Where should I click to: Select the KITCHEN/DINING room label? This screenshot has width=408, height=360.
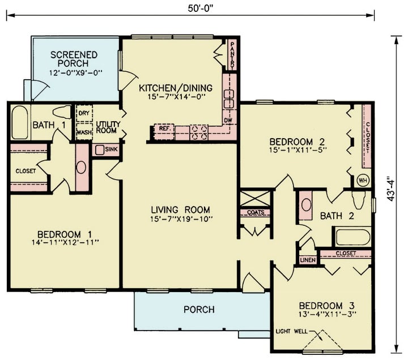(x=176, y=88)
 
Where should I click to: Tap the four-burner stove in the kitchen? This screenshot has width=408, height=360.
(x=199, y=132)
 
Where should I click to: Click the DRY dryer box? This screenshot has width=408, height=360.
(x=84, y=113)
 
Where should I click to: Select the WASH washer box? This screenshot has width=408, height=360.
(x=84, y=132)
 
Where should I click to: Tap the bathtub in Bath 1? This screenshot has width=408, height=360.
(x=20, y=122)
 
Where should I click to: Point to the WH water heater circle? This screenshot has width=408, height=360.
(x=363, y=181)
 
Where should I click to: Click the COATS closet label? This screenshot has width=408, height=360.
(x=254, y=213)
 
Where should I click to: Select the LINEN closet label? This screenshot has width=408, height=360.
(x=307, y=260)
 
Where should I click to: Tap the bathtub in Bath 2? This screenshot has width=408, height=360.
(x=352, y=236)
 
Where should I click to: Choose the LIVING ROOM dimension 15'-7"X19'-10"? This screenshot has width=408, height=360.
(x=180, y=218)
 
